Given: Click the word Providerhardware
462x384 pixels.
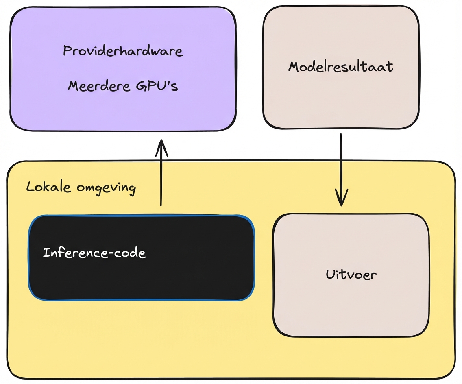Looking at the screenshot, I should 123,51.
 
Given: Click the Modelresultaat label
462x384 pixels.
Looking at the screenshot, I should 341,67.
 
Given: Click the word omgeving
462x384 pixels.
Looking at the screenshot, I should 106,188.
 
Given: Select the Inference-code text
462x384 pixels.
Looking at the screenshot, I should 94,253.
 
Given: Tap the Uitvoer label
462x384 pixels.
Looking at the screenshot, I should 351,275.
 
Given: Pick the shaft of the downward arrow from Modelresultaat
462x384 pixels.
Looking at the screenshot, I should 341,163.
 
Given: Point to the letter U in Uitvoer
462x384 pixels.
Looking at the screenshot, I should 330,275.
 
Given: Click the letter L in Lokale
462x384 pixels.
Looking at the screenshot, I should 30,187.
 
